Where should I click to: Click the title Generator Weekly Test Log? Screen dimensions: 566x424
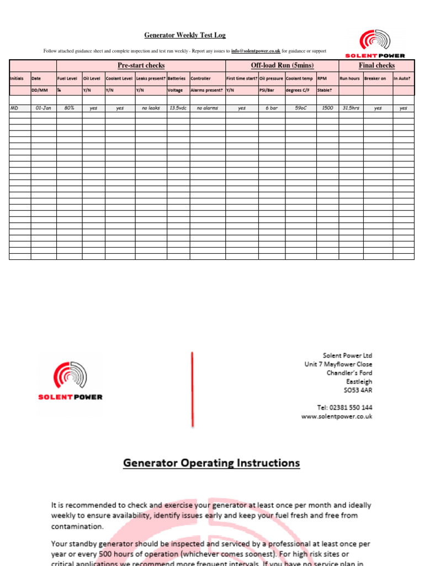(x=185, y=35)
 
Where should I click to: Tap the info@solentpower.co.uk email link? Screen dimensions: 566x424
(x=256, y=51)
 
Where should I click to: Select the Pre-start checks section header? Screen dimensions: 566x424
(x=141, y=65)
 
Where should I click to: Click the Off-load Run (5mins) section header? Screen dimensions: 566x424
(x=282, y=65)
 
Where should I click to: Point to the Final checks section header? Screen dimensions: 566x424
(x=377, y=65)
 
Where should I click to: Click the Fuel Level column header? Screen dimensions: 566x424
(x=67, y=78)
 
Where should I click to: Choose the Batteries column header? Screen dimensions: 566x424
(x=177, y=78)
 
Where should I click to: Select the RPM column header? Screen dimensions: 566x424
(x=322, y=78)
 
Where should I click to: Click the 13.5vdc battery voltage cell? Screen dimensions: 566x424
(x=177, y=108)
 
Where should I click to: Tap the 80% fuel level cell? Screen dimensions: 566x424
(x=69, y=108)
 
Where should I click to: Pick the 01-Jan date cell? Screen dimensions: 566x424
(x=43, y=108)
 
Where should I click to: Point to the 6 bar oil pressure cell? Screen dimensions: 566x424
(x=271, y=108)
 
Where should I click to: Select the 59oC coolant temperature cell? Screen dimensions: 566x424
(x=300, y=108)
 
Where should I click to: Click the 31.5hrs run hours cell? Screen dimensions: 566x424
(x=351, y=108)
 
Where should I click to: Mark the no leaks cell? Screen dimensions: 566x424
(x=151, y=108)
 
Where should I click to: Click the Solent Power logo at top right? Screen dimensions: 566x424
(x=375, y=44)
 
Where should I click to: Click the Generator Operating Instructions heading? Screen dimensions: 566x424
(x=211, y=463)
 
